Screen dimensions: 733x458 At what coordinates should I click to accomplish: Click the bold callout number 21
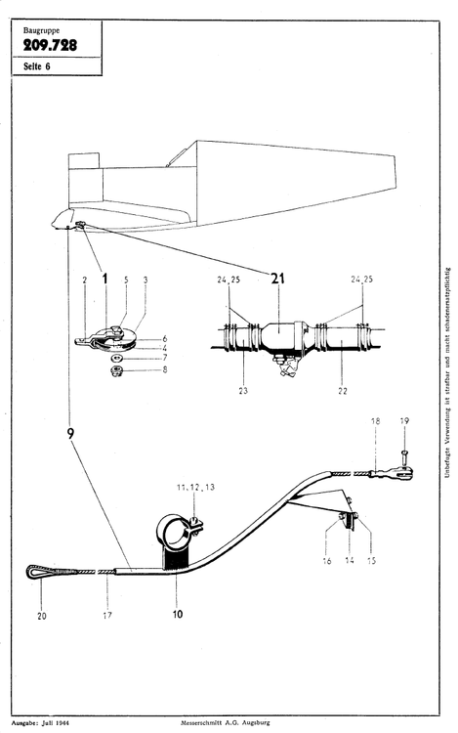pos(277,279)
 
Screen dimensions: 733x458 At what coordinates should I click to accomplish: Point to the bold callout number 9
pos(71,432)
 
